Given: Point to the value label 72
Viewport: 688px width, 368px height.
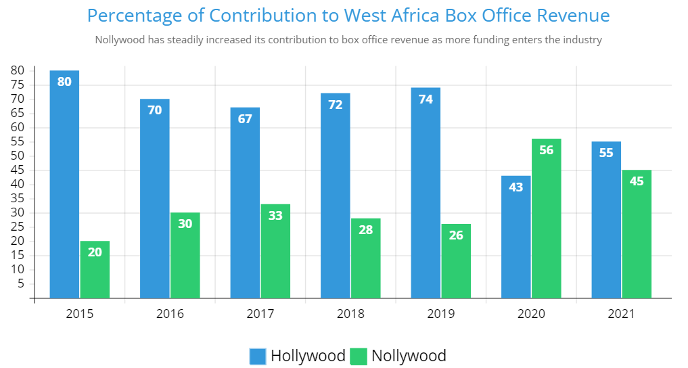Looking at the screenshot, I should [x=335, y=105].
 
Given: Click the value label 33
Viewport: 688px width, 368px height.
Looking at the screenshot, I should [x=275, y=216].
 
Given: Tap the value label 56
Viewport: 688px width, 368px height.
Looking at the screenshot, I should [x=546, y=150].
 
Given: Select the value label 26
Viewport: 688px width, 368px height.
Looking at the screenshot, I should [x=456, y=235].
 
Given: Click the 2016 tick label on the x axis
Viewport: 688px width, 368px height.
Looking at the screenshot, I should [x=170, y=314].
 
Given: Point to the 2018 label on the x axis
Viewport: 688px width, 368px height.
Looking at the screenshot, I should [x=350, y=314].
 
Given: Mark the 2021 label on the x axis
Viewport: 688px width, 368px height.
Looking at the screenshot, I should [x=622, y=314].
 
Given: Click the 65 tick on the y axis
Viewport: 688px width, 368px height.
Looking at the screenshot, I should [x=18, y=113].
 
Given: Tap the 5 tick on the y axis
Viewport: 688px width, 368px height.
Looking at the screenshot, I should [x=21, y=283].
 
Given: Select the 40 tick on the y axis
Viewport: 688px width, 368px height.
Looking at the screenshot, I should [x=18, y=184].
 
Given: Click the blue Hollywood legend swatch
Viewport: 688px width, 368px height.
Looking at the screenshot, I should [x=258, y=356].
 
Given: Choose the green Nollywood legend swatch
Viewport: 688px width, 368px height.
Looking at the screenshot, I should [x=359, y=356].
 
